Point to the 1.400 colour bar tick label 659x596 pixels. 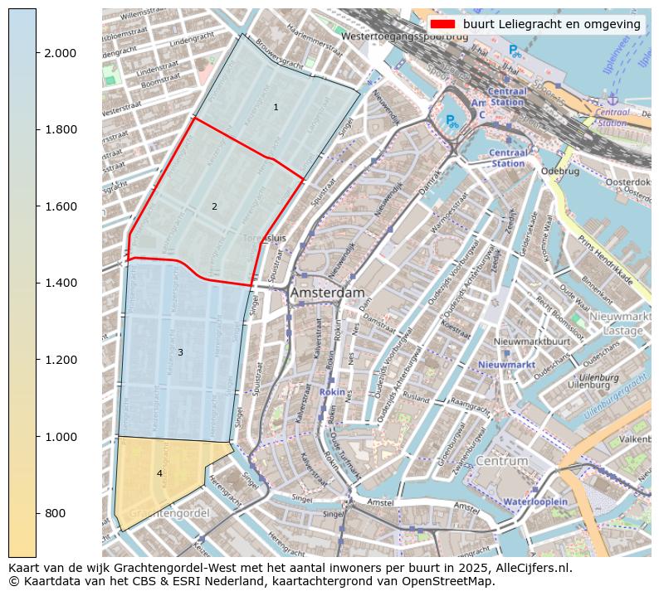[x=60, y=283]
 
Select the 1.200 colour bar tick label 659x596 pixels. [x=60, y=361]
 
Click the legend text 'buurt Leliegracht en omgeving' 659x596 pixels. [x=552, y=25]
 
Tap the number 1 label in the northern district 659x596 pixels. [x=276, y=107]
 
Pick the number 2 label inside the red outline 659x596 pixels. [x=214, y=206]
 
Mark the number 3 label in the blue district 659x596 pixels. [x=180, y=353]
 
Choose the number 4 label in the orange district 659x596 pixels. [x=159, y=473]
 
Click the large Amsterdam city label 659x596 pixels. [x=327, y=293]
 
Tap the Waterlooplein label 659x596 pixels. [x=535, y=502]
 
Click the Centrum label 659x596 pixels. [x=501, y=461]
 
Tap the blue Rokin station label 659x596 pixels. [x=331, y=391]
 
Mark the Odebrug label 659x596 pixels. [x=559, y=172]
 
